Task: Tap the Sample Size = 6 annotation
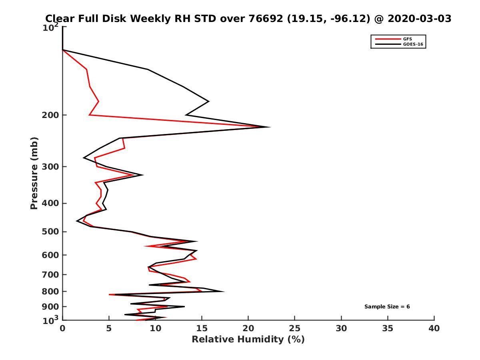pos(387,307)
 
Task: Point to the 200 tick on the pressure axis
pos(51,115)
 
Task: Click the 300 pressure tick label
pos(51,167)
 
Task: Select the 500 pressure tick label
pos(51,232)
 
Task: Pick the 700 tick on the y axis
pos(51,274)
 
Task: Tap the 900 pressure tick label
pos(51,307)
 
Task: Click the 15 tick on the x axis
pos(202,328)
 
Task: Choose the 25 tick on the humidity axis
pos(295,328)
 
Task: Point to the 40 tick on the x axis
pos(434,328)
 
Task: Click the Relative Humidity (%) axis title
pos(248,340)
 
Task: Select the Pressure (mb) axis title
pos(34,173)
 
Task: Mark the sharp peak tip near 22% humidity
pos(270,127)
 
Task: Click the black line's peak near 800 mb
pos(224,291)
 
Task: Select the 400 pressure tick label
pos(51,203)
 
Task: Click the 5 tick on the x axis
pos(109,328)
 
